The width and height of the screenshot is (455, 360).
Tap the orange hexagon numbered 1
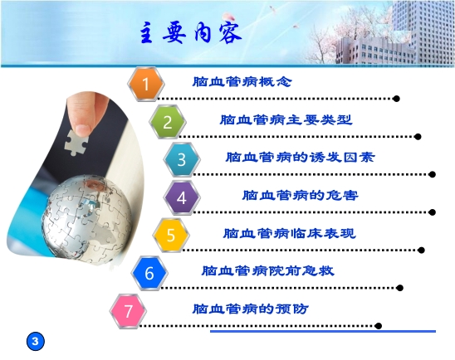pos(146,84)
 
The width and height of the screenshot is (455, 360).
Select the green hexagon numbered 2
pos(168,123)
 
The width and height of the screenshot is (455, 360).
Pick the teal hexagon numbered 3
pos(182,160)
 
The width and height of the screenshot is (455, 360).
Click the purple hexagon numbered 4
pos(182,197)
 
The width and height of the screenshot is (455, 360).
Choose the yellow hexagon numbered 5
pos(171,235)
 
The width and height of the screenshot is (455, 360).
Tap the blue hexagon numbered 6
pos(149,272)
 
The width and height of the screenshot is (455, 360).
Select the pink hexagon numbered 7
pos(128,310)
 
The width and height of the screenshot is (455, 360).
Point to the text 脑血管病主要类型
pos(286,119)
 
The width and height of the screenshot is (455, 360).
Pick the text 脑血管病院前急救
pos(267,270)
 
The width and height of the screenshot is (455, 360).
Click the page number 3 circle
pos(35,340)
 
